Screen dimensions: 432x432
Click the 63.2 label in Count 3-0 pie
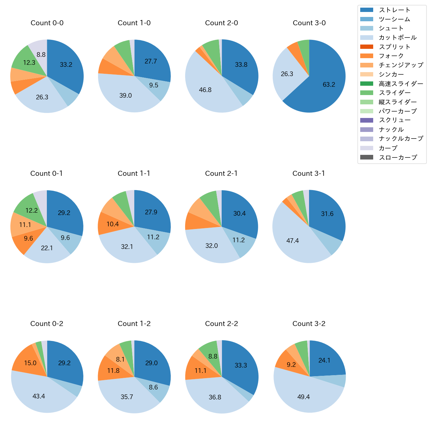tap(329, 85)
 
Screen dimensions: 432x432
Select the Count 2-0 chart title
tap(222, 23)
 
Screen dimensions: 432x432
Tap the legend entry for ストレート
tap(394, 10)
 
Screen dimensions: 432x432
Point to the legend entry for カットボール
tap(397, 38)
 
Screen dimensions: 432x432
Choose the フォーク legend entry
tap(391, 56)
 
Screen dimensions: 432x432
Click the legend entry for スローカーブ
tap(398, 158)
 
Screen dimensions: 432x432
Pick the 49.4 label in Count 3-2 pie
tap(303, 397)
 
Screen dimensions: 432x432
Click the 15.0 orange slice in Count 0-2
tap(30, 363)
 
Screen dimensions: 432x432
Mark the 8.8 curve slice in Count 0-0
tap(41, 54)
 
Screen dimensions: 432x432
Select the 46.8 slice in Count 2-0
tap(205, 90)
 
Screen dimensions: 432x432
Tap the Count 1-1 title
tap(134, 173)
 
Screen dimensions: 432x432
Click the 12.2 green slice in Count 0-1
tap(32, 210)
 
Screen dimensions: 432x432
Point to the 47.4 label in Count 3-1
tap(292, 241)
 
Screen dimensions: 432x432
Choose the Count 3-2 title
tap(309, 324)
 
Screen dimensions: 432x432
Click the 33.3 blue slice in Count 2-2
tap(241, 366)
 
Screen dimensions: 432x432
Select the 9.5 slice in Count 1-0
tap(154, 85)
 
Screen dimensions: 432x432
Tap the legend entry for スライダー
tap(394, 93)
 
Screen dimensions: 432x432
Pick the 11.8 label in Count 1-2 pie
tap(113, 371)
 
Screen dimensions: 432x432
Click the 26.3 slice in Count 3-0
tap(287, 74)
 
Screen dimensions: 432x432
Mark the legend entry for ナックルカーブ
tap(401, 139)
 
